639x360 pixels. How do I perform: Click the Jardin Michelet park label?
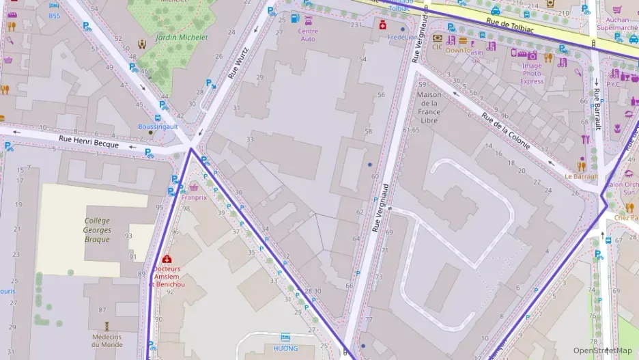point(182,38)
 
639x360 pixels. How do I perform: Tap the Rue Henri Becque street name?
point(89,141)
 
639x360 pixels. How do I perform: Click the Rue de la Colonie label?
point(507,132)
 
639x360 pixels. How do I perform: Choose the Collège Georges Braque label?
point(97,230)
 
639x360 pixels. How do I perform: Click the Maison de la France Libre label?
point(429,107)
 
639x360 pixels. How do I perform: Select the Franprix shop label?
point(194,197)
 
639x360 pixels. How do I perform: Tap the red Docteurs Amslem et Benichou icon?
point(167,259)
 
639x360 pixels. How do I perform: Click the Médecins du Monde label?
point(106,340)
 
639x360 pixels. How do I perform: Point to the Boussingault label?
point(158,126)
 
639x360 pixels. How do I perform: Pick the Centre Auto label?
point(308,35)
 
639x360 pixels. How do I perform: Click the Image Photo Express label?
point(532,74)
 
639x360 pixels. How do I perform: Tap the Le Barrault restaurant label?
point(581,176)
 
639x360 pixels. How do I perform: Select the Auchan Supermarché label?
point(617,25)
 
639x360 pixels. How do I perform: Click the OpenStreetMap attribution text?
point(601,350)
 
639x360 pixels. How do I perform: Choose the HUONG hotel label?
point(285,348)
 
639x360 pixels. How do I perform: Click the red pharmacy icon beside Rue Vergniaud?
point(383,25)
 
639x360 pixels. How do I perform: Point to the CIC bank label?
point(437,47)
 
